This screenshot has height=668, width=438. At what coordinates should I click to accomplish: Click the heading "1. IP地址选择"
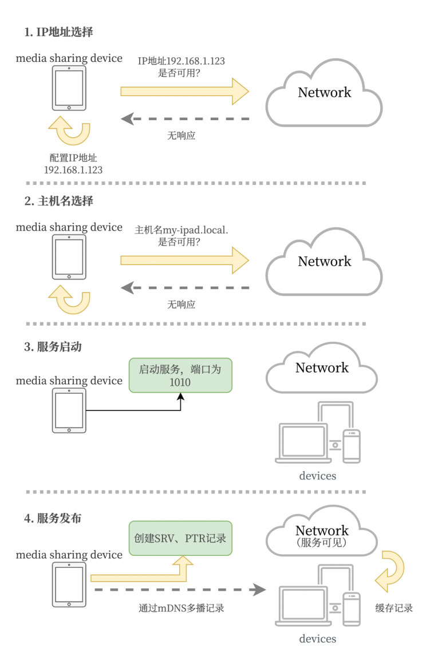click(x=58, y=32)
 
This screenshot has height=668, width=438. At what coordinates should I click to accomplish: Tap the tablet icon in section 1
click(x=69, y=88)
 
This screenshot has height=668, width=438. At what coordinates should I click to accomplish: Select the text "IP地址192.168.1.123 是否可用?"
click(x=184, y=66)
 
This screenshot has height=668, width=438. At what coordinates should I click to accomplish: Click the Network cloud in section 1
click(x=324, y=93)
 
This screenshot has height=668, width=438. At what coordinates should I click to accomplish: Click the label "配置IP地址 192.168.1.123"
click(x=73, y=164)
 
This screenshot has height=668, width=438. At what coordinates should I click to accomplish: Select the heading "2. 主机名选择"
click(x=58, y=201)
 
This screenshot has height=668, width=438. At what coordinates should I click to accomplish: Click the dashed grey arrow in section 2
click(x=186, y=287)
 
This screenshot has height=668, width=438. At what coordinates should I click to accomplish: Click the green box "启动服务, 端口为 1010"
click(x=180, y=375)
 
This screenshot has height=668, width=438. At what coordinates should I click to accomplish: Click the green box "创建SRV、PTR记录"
click(x=180, y=538)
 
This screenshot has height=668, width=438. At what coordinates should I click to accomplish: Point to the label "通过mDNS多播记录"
click(x=181, y=608)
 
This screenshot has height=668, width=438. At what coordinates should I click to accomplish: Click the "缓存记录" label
click(x=394, y=608)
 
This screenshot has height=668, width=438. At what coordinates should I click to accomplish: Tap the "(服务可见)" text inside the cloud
click(x=322, y=542)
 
